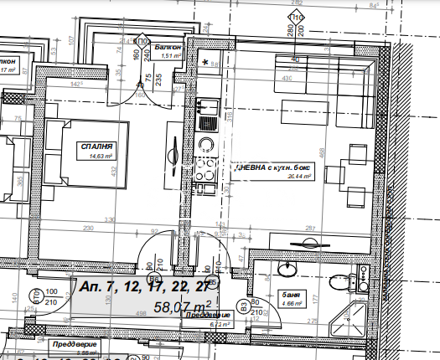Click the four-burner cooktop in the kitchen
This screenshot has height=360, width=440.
coord(207,166)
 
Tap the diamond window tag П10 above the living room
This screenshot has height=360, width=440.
coord(295,17)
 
